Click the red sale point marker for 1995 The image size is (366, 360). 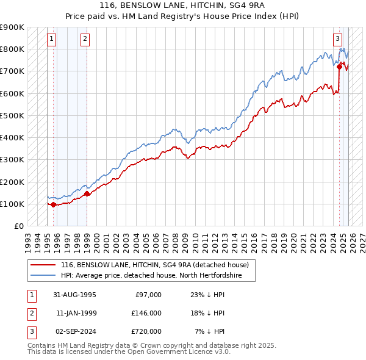pyautogui.click(x=54, y=204)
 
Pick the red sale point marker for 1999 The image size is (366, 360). pyautogui.click(x=87, y=194)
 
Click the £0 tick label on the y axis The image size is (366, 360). pyautogui.click(x=19, y=226)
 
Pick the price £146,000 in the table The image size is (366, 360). pyautogui.click(x=147, y=313)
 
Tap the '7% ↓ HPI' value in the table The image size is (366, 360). pyautogui.click(x=209, y=331)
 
